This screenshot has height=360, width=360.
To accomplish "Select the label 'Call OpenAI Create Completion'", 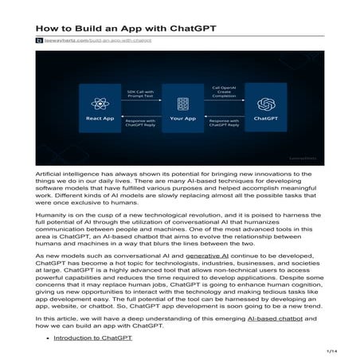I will tap(223, 92).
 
